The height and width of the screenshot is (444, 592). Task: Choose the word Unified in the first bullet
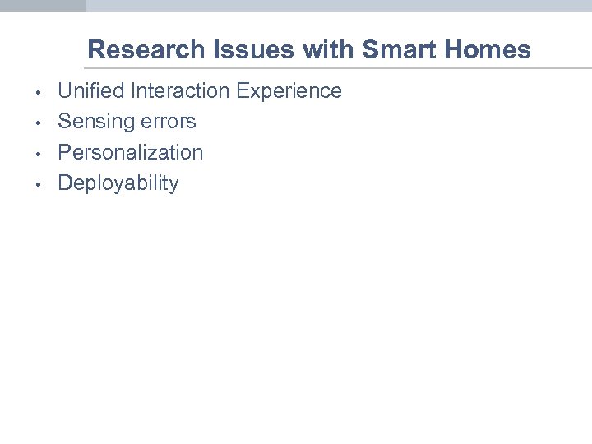tap(89, 90)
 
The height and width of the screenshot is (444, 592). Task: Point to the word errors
tap(168, 122)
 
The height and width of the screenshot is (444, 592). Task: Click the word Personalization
tap(130, 152)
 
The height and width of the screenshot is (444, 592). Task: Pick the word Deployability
tap(118, 183)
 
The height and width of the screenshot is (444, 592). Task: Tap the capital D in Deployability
tap(65, 183)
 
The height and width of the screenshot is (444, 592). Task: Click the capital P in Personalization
tap(64, 152)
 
